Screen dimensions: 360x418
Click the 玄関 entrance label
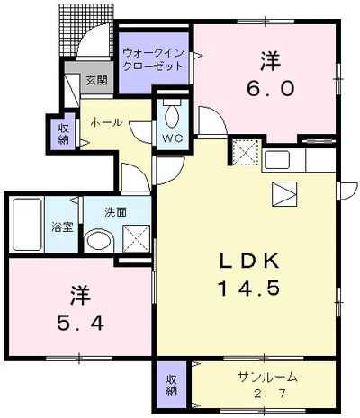click(x=96, y=80)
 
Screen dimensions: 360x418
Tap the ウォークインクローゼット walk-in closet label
click(x=153, y=59)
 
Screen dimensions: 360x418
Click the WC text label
click(x=173, y=138)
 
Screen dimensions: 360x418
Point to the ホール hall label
click(x=106, y=122)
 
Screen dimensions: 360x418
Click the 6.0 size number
click(x=270, y=88)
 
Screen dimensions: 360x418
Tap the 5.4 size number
click(x=81, y=323)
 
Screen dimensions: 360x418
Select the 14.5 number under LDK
click(x=249, y=289)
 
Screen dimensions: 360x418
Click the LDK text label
click(x=249, y=261)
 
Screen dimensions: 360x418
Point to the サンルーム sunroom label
click(x=267, y=377)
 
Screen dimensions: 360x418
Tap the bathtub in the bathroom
click(x=27, y=225)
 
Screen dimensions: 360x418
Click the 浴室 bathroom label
click(x=62, y=227)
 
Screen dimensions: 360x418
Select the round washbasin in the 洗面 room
click(x=99, y=242)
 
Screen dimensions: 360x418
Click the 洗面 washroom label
click(x=115, y=212)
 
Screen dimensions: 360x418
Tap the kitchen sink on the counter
click(x=276, y=160)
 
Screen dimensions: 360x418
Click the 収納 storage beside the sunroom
click(x=171, y=384)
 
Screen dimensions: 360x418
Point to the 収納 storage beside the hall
click(x=64, y=134)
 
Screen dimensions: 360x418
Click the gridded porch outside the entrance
click(x=85, y=30)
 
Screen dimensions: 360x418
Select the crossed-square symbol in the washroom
click(x=136, y=238)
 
